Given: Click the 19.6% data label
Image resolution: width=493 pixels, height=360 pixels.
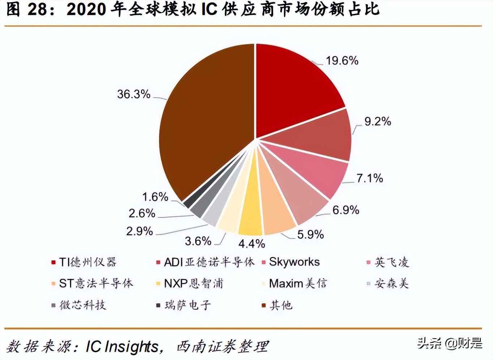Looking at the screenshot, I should (342, 61).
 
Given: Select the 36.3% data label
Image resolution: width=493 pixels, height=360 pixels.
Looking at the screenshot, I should (133, 94).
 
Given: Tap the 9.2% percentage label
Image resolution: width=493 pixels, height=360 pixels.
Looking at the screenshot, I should (377, 121).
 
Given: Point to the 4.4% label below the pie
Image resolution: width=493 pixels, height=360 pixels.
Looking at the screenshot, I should (252, 244).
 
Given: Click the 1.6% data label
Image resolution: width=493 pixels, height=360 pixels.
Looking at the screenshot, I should (155, 197).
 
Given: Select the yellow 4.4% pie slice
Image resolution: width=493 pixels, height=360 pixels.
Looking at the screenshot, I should (250, 213).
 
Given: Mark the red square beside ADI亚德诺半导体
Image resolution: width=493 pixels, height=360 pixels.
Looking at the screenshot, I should (158, 262).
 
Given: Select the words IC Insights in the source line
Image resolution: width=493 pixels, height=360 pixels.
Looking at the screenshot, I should (122, 347).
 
